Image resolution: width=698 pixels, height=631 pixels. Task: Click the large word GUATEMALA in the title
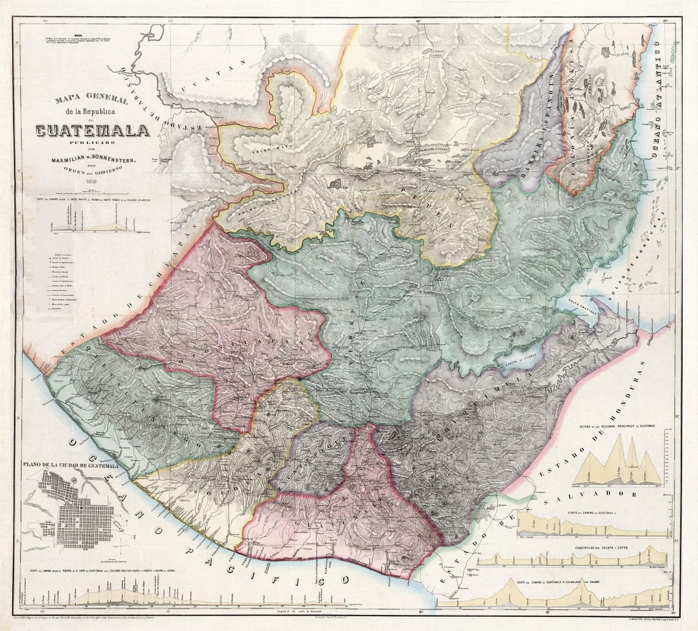(x=92, y=130)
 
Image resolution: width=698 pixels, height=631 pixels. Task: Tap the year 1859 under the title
(x=92, y=182)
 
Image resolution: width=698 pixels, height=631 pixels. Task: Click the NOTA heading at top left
(x=78, y=36)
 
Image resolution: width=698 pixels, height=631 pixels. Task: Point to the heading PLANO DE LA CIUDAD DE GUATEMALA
(x=70, y=466)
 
